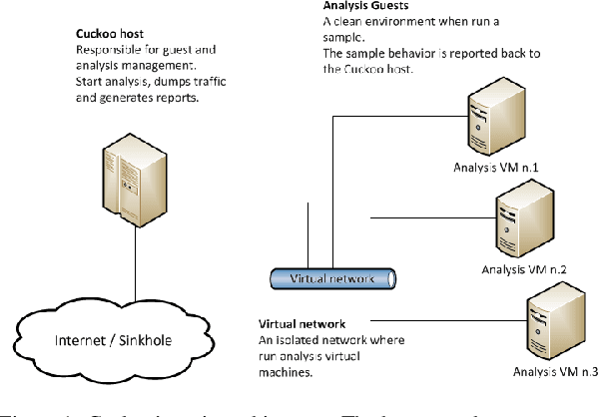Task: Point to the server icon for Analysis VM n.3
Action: coord(549,321)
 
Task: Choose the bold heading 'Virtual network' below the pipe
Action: coord(303,324)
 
